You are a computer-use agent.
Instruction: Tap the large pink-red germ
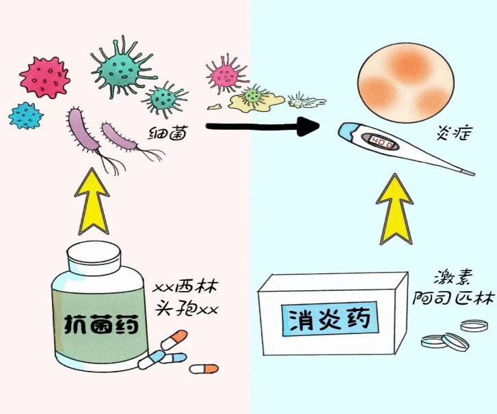click(x=44, y=77)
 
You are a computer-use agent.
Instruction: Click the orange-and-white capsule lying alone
click(x=206, y=369)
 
